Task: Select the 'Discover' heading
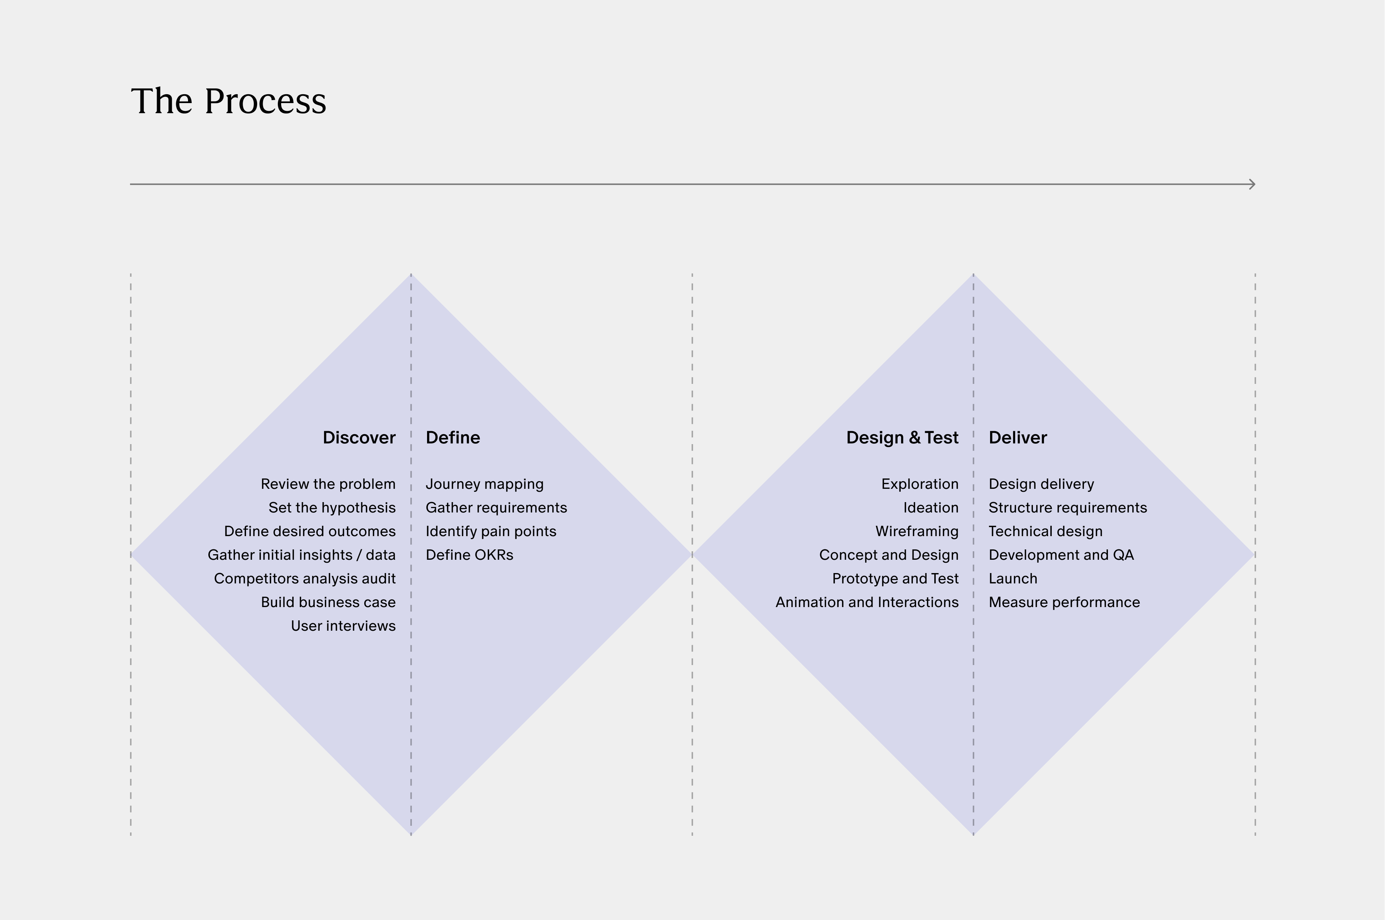tap(359, 438)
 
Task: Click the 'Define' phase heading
tap(453, 438)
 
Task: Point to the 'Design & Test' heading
tap(902, 438)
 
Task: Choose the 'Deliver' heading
tap(1018, 438)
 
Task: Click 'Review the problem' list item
tap(328, 484)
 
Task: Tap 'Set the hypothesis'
tap(332, 508)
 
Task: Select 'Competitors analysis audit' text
tap(304, 579)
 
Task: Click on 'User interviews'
tap(343, 626)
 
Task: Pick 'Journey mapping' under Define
tap(485, 484)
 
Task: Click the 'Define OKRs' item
tap(469, 555)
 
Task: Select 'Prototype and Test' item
tap(895, 579)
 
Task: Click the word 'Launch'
tap(1013, 579)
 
